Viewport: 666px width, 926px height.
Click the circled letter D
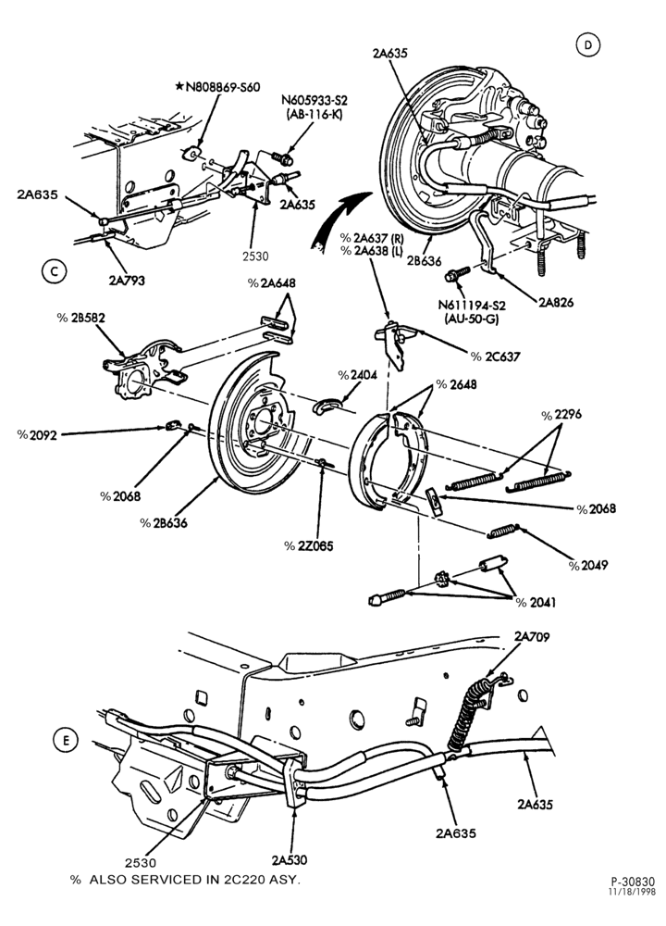coord(587,45)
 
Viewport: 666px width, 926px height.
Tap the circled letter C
coord(55,271)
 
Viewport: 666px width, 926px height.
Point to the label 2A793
coord(127,281)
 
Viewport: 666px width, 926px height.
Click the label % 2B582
coord(80,318)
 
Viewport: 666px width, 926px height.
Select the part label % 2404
coord(357,375)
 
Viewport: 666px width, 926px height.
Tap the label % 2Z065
coord(309,546)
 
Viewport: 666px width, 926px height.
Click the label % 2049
coord(587,565)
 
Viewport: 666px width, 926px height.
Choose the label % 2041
coord(536,603)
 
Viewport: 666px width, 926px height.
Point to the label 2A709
coord(532,637)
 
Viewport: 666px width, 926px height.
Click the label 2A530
coord(289,860)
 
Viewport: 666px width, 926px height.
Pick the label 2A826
coord(556,303)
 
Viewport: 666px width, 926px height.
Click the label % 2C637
coord(496,357)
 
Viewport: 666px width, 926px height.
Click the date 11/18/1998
coord(632,892)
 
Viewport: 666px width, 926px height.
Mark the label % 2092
coord(37,435)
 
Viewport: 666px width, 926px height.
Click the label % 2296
coord(561,415)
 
